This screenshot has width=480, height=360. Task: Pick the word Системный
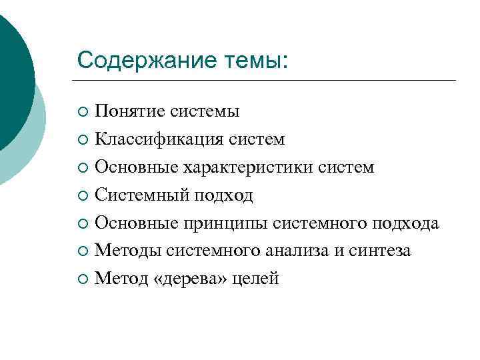[143, 195]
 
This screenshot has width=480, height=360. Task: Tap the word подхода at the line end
[406, 223]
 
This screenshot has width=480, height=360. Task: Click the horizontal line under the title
[267, 81]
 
